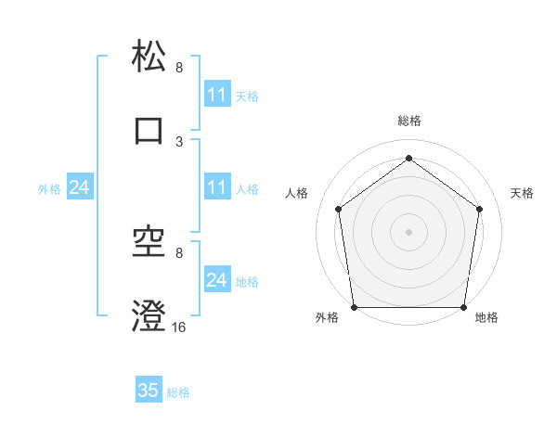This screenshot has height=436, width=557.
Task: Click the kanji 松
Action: click(x=149, y=57)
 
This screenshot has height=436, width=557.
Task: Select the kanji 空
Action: click(x=149, y=242)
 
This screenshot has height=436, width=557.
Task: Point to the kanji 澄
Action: click(x=149, y=316)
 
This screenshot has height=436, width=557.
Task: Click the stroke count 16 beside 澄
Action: click(x=179, y=327)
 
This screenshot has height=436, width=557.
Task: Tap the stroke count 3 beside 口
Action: click(x=179, y=141)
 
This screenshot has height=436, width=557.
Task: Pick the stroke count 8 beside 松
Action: click(x=179, y=68)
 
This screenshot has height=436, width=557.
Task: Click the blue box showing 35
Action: click(x=149, y=391)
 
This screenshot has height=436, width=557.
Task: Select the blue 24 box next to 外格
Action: click(x=79, y=187)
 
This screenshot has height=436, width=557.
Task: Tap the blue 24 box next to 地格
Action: click(x=216, y=280)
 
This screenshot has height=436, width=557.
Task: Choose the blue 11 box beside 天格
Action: click(x=216, y=95)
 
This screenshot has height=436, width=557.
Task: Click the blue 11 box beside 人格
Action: click(x=216, y=187)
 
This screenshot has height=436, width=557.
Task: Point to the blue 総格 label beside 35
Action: click(x=178, y=392)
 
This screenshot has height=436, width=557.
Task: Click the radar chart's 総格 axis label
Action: click(x=409, y=122)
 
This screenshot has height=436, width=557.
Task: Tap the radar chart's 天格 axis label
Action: click(x=523, y=193)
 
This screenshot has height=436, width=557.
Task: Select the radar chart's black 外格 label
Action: click(x=327, y=317)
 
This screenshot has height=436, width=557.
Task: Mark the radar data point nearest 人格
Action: click(x=338, y=209)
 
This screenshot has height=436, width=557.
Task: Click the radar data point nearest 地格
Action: click(x=463, y=307)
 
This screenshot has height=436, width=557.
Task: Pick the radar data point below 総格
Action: click(x=409, y=159)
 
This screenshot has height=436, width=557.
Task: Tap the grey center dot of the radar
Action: click(x=409, y=231)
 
